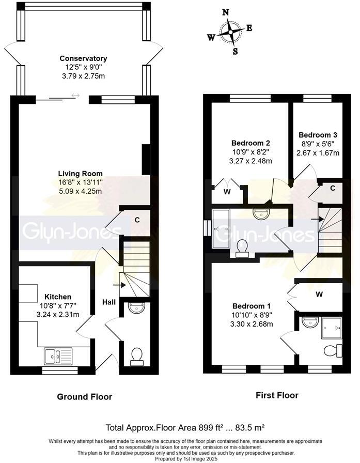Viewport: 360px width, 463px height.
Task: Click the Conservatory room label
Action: pyautogui.click(x=83, y=58)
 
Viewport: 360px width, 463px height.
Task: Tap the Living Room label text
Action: pyautogui.click(x=80, y=174)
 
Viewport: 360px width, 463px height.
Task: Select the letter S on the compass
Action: pyautogui.click(x=235, y=51)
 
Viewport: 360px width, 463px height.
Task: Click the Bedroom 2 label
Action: pyautogui.click(x=251, y=143)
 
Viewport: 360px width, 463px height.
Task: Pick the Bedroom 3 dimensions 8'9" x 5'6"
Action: pyautogui.click(x=317, y=145)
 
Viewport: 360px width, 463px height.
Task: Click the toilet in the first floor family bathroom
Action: pyautogui.click(x=241, y=248)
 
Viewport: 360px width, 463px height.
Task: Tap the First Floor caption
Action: pyautogui.click(x=277, y=395)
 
